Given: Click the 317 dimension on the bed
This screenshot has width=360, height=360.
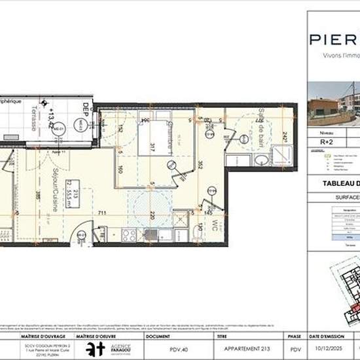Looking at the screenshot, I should coord(151,145).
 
